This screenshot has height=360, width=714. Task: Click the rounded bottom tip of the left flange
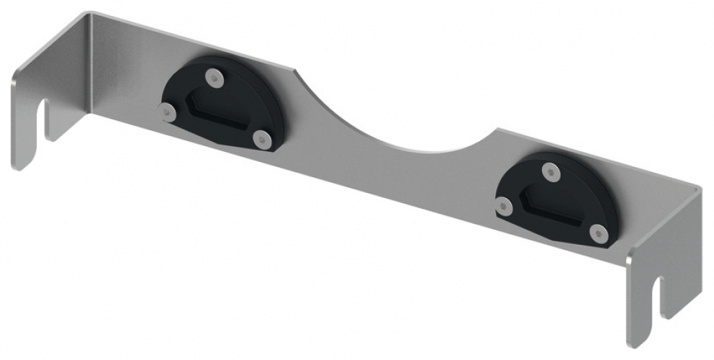pos(22,164)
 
